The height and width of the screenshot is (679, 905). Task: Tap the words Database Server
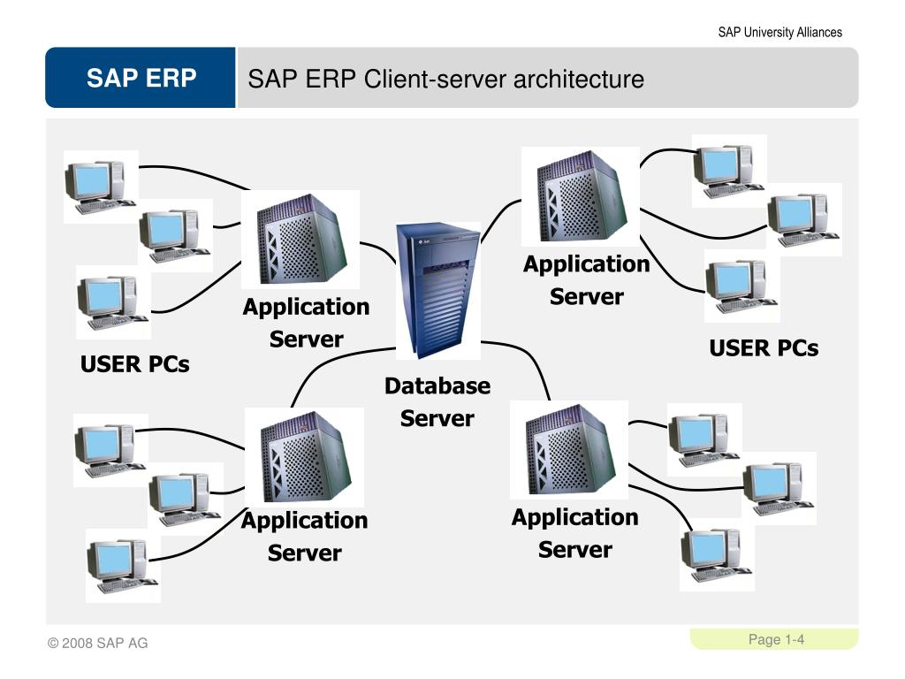pos(437,402)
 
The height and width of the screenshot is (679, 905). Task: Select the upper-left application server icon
pos(301,239)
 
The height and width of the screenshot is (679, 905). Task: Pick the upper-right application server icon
pos(580,196)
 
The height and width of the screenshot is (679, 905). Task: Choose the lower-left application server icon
pos(303,455)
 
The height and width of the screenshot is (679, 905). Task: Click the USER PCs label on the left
pos(135,363)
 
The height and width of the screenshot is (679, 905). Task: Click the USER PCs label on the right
pos(764,348)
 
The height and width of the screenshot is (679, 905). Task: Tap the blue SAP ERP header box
pos(141,79)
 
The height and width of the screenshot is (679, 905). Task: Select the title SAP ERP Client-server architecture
pos(445,80)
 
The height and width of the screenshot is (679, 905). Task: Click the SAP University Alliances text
pos(780,33)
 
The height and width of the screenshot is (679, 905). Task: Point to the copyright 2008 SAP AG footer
pos(98,643)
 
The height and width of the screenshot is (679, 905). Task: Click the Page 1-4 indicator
pos(776,639)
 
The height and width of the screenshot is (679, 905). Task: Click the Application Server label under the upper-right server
pos(586,280)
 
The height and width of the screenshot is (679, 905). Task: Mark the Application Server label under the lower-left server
pos(304,537)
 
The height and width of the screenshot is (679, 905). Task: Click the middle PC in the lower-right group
pos(778,487)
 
